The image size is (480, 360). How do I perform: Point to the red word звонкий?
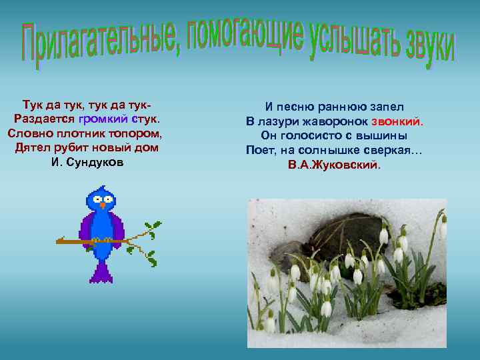click(398, 122)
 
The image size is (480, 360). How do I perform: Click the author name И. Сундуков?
click(87, 162)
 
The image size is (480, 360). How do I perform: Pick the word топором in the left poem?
click(135, 133)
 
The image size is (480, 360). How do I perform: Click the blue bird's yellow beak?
click(102, 205)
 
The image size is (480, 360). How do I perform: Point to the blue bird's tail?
click(101, 271)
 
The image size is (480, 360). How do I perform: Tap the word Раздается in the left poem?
click(43, 119)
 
